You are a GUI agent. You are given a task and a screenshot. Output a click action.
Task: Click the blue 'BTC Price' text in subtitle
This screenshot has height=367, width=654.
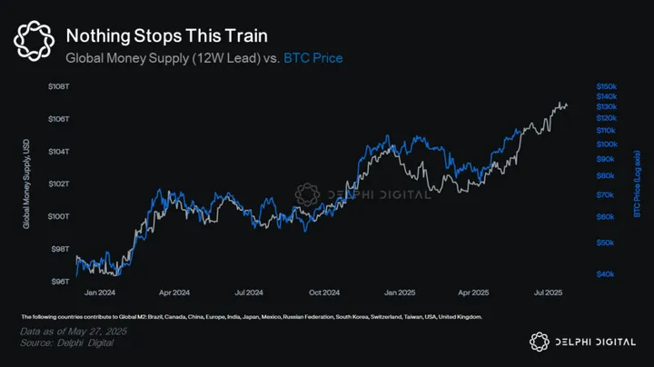(x=313, y=58)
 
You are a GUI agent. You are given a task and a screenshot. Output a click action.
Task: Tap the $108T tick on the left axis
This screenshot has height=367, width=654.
(x=59, y=86)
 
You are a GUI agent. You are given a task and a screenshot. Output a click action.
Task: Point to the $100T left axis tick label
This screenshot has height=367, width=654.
(x=59, y=216)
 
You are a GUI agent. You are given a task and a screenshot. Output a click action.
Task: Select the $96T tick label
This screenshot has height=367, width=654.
(x=59, y=282)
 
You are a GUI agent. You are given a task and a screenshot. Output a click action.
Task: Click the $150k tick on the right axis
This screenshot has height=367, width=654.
(x=607, y=85)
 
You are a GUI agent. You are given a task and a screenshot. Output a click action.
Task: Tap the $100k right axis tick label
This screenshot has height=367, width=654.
(x=607, y=144)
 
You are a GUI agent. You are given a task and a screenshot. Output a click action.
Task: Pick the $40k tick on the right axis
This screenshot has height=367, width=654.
(x=607, y=274)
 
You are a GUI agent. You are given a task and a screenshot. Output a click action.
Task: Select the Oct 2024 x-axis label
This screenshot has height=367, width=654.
(x=323, y=293)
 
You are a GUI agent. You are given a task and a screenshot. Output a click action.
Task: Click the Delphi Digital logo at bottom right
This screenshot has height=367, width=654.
(x=582, y=340)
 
